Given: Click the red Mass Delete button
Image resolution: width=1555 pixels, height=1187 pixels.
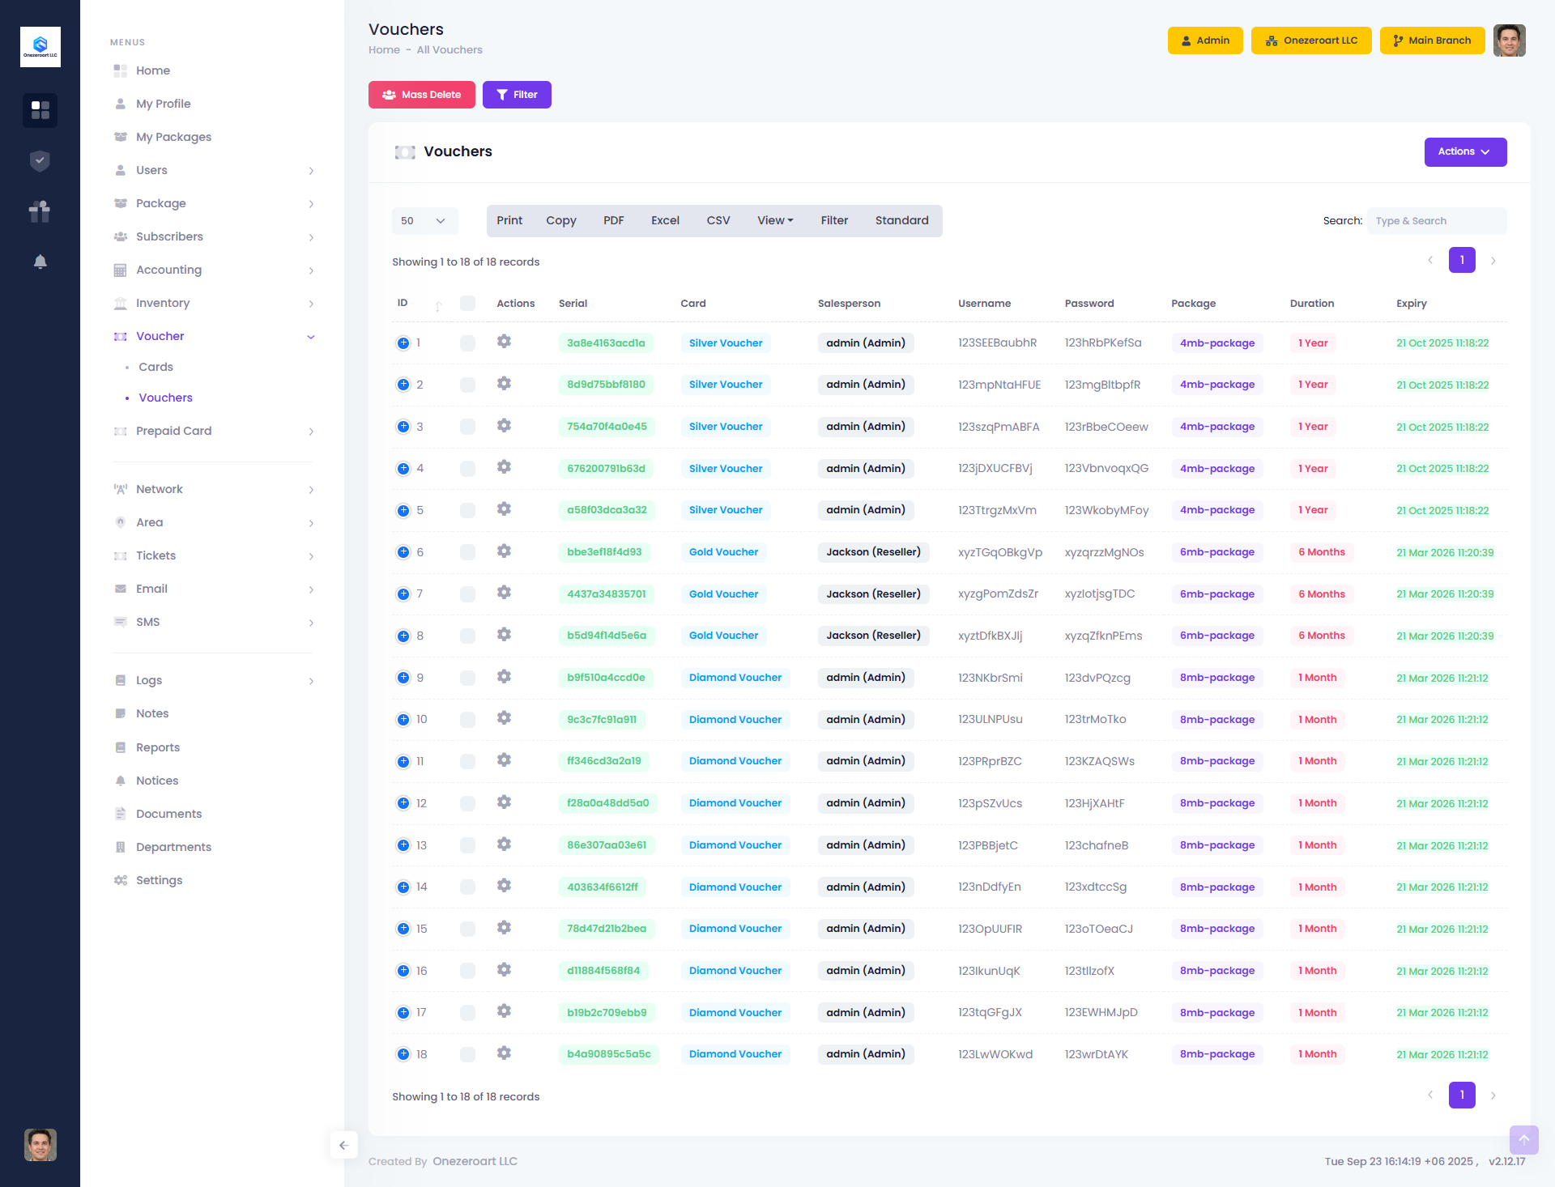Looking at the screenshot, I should pos(421,95).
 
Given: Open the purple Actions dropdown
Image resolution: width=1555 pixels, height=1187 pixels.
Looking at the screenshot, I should pos(1464,152).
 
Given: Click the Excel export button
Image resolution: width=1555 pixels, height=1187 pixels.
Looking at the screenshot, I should pos(665,221).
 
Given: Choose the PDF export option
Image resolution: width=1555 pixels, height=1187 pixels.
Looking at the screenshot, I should pos(613,221).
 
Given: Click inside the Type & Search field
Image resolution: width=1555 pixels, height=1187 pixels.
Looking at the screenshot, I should pos(1435,221).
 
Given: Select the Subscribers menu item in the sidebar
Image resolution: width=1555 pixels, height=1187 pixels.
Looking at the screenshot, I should pos(169,236).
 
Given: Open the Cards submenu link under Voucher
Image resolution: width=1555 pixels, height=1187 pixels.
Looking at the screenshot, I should pos(155,367).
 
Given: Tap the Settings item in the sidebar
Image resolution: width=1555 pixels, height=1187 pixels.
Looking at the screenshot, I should pos(159,880).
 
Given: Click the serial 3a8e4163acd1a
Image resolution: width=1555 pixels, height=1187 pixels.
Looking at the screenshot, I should pos(606,343).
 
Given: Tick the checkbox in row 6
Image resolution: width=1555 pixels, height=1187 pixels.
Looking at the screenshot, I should pos(467,552).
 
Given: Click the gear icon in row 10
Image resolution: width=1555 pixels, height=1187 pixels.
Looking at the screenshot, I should pos(504,718).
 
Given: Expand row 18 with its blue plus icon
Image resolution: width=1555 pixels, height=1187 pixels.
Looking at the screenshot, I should pos(403,1054).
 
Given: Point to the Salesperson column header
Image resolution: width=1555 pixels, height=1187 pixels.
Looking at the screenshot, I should pos(849,304).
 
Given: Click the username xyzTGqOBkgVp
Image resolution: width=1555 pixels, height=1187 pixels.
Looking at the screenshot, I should pos(999,552).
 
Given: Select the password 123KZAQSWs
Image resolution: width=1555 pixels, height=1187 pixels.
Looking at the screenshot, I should pos(1099,761).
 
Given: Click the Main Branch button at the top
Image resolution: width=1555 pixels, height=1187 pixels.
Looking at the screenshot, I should pos(1431,40).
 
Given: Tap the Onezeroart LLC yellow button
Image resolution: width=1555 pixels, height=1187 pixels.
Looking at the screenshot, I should pos(1310,40).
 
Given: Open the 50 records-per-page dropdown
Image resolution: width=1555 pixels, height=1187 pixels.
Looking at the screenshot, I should pos(424,221).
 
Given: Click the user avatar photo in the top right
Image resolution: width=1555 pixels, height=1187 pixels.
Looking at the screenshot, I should pos(1509,40).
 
